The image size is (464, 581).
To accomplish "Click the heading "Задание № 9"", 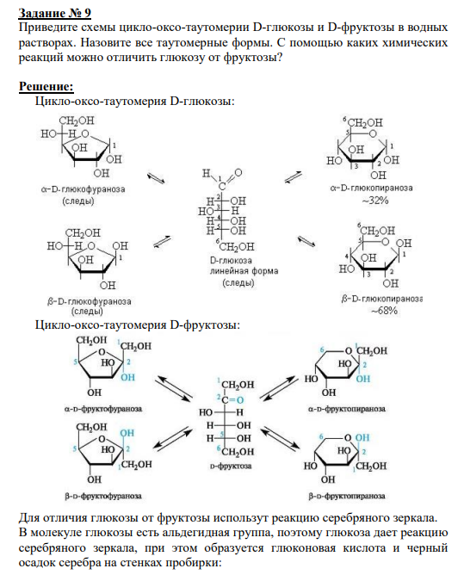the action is [55, 13].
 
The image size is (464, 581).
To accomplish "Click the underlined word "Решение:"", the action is [46, 86].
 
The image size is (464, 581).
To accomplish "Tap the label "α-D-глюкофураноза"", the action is [83, 189].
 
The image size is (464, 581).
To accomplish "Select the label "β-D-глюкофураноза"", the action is [89, 301].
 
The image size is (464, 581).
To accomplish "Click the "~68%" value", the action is [384, 311].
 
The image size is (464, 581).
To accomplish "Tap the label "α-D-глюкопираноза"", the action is [371, 188].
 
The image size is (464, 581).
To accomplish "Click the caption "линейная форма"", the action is [244, 271].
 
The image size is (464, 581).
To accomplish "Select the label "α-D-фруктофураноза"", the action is [103, 409].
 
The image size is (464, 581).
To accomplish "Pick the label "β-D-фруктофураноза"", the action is [103, 496].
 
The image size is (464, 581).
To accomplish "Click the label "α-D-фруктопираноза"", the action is [347, 409].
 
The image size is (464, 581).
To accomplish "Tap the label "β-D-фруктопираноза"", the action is [347, 496].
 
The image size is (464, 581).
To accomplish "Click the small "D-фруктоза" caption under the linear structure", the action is [231, 467].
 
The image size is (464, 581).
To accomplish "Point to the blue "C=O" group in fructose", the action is [232, 400].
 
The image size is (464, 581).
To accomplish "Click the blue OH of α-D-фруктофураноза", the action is [128, 378].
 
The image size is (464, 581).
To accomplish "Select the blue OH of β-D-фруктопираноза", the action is [362, 437].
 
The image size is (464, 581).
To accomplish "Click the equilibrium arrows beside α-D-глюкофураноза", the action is [156, 178].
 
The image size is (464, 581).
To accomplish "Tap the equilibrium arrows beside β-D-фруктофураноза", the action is [173, 437].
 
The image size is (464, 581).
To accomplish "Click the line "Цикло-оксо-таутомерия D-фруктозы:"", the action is [138, 325].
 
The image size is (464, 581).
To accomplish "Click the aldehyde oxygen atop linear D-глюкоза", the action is [238, 173].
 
